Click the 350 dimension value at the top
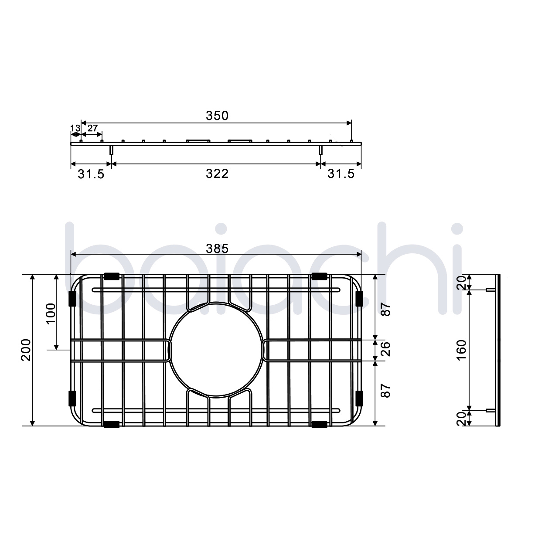pyautogui.click(x=217, y=116)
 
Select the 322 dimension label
pyautogui.click(x=217, y=174)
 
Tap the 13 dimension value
pyautogui.click(x=75, y=128)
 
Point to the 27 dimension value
pyautogui.click(x=92, y=128)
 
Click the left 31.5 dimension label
pyautogui.click(x=91, y=174)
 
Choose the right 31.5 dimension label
pyautogui.click(x=341, y=174)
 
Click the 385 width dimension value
pyautogui.click(x=217, y=249)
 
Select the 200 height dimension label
pyautogui.click(x=26, y=350)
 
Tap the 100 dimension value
pyautogui.click(x=51, y=312)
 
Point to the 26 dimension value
pyautogui.click(x=385, y=350)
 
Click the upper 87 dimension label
pyautogui.click(x=385, y=309)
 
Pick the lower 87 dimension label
pyautogui.click(x=385, y=390)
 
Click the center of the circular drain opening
pyautogui.click(x=217, y=350)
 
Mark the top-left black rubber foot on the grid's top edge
pyautogui.click(x=112, y=276)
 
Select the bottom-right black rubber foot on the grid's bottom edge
pyautogui.click(x=320, y=424)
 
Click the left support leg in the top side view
pyautogui.click(x=111, y=150)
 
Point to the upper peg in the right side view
pyautogui.click(x=490, y=290)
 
